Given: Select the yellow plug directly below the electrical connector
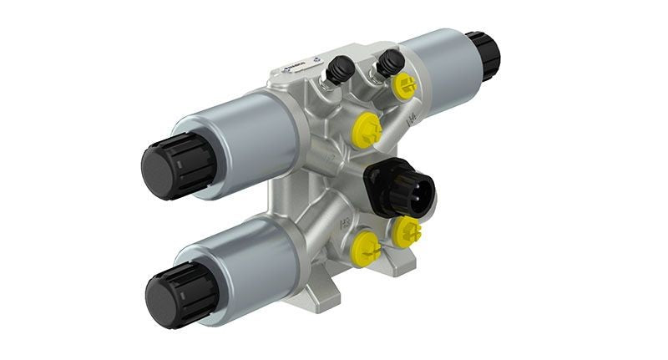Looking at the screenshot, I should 407,231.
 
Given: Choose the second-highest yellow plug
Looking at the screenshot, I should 366,129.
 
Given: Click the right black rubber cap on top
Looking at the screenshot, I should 387,60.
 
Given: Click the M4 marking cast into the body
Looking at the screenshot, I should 411,121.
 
